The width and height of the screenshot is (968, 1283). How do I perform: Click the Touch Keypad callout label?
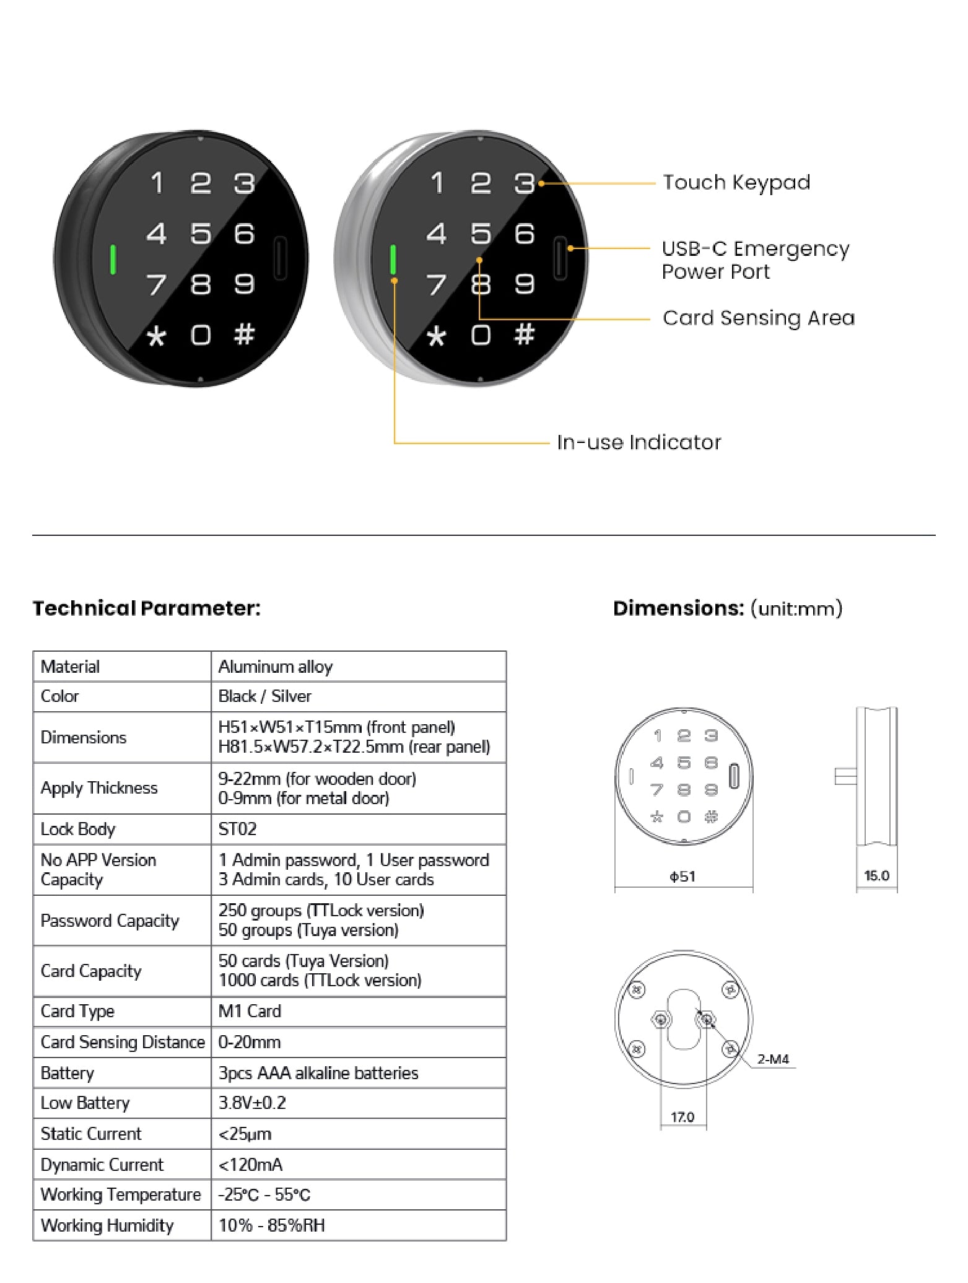tap(736, 183)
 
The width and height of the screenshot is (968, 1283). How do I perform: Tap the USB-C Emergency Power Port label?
tap(754, 260)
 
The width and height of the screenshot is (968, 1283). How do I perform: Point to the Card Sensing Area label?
tap(758, 318)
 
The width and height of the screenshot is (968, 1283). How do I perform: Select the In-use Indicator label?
tap(639, 442)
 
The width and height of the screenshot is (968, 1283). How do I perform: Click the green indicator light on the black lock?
tap(113, 260)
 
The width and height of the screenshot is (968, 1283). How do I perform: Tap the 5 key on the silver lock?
tap(481, 234)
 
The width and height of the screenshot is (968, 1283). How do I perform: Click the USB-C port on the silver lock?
tap(560, 258)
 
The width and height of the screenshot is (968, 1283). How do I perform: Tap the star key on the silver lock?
tap(437, 336)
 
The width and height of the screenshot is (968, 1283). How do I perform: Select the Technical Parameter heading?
tap(147, 608)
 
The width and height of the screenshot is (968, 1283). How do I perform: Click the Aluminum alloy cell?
tap(276, 667)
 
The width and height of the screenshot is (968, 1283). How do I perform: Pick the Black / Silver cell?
tap(264, 696)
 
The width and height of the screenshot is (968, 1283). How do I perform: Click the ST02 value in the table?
tap(237, 830)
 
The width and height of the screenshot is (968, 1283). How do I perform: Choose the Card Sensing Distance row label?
tap(123, 1043)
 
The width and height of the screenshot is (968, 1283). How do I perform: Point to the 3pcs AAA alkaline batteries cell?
tap(318, 1074)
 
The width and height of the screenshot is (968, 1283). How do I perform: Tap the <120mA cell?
tap(251, 1165)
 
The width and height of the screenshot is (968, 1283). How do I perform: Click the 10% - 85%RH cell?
tap(272, 1226)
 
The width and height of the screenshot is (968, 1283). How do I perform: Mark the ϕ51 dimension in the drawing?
tap(682, 877)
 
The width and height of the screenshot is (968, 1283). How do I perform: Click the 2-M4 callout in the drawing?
tap(773, 1059)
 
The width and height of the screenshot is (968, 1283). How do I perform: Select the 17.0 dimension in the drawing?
tap(682, 1118)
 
